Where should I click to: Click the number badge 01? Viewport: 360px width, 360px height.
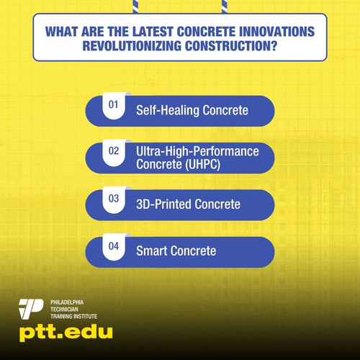click(x=113, y=105)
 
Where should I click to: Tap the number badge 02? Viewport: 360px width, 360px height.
click(x=113, y=153)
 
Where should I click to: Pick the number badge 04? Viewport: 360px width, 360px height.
click(x=113, y=246)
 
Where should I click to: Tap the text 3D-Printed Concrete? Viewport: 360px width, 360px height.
click(x=188, y=204)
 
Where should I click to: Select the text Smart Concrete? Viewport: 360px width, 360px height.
click(x=176, y=251)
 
